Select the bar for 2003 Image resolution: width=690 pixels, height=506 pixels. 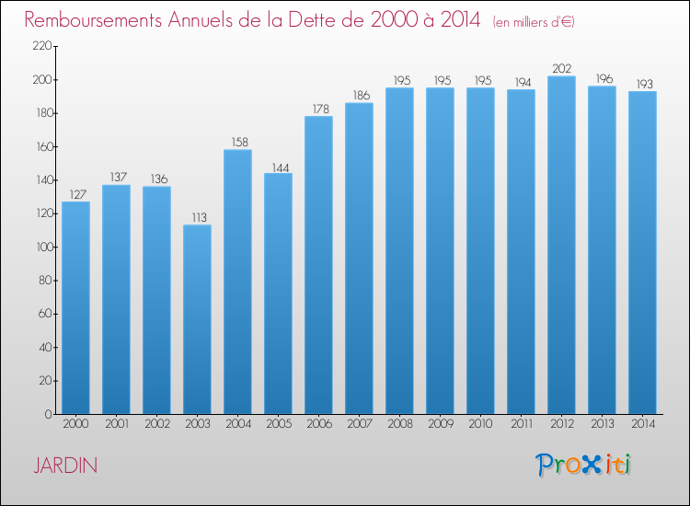pyautogui.click(x=197, y=319)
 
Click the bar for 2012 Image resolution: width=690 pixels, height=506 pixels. pyautogui.click(x=561, y=245)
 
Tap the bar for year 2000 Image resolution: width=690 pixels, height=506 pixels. pyautogui.click(x=75, y=307)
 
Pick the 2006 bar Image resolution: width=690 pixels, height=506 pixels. pyautogui.click(x=318, y=265)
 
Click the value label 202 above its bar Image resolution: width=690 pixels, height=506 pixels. pyautogui.click(x=562, y=69)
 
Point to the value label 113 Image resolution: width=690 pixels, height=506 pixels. pyautogui.click(x=199, y=217)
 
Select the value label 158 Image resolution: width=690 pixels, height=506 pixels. pyautogui.click(x=240, y=142)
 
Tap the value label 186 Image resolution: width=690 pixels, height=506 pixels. pyautogui.click(x=362, y=96)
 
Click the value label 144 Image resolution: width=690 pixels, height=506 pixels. pyautogui.click(x=281, y=168)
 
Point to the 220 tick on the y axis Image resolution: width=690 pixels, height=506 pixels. pyautogui.click(x=42, y=46)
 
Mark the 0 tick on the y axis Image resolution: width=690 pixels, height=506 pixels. pyautogui.click(x=49, y=414)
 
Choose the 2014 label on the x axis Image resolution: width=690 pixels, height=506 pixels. pyautogui.click(x=643, y=424)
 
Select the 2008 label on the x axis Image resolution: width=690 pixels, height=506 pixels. pyautogui.click(x=400, y=424)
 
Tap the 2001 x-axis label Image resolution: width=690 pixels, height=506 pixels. pyautogui.click(x=117, y=424)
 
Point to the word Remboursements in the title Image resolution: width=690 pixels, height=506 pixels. pyautogui.click(x=93, y=20)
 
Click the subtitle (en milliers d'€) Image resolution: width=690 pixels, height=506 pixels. pyautogui.click(x=534, y=22)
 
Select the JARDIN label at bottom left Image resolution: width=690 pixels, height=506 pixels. pyautogui.click(x=65, y=466)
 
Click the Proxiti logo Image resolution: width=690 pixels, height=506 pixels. pyautogui.click(x=583, y=465)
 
